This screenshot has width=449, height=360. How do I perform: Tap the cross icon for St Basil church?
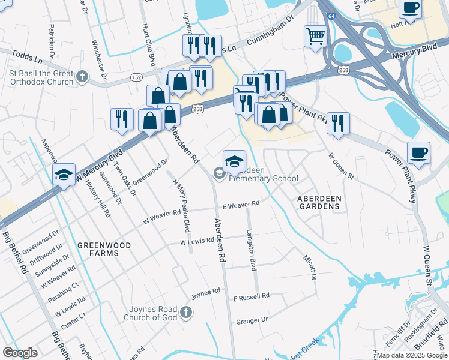coord(82,77)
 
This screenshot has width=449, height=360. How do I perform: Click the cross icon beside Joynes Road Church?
coord(186,312)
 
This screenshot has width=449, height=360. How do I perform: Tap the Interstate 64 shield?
coord(331,18)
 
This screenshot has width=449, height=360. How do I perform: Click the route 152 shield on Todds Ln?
coord(136,77)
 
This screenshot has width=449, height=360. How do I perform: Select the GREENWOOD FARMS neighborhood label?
coord(100,249)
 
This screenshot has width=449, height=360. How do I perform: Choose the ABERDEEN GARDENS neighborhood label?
coord(319,202)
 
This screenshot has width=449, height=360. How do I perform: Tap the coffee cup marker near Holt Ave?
coord(411,8)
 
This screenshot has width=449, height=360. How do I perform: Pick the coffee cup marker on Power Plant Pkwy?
coord(418,152)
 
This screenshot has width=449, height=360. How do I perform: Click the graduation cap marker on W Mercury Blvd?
coord(64,174)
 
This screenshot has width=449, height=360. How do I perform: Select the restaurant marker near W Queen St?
coord(338,124)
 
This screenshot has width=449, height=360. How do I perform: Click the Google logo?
coord(20,353)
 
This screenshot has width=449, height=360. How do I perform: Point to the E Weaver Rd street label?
coord(241,205)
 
